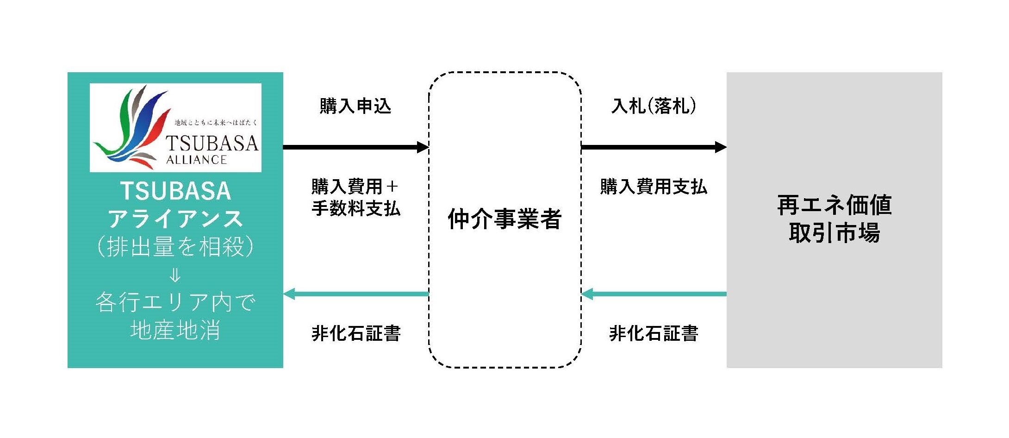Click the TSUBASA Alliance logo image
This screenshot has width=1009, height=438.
[175, 127]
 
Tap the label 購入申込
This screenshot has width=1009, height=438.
[355, 106]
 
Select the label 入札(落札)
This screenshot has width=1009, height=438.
[654, 106]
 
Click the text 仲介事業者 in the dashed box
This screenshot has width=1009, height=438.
[504, 219]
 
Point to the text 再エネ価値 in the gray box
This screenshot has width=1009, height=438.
[834, 205]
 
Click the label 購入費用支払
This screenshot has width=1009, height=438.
[654, 187]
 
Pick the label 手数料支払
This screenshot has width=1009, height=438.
[355, 208]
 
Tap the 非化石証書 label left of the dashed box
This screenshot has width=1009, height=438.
[355, 333]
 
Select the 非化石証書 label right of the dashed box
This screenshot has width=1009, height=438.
[654, 333]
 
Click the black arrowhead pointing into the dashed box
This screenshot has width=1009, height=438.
[423, 147]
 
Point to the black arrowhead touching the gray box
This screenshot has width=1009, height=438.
[720, 147]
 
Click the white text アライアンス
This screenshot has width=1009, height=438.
[175, 219]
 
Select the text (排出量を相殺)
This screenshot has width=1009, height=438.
[175, 246]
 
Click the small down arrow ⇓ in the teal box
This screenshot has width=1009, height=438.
[175, 276]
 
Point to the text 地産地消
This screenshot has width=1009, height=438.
[175, 331]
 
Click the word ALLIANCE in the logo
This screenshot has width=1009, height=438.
[196, 160]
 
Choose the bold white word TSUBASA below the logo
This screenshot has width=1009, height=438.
[175, 191]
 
